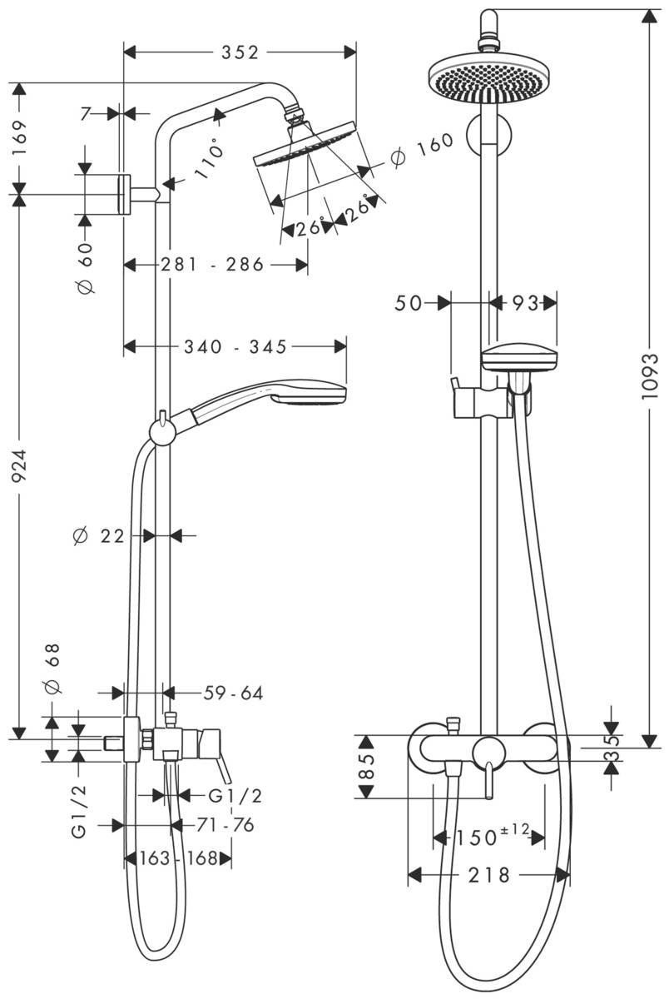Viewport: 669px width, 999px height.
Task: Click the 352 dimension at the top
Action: pyautogui.click(x=239, y=52)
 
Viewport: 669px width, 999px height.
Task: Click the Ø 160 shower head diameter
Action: pyautogui.click(x=422, y=149)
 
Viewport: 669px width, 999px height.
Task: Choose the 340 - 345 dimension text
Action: pyautogui.click(x=235, y=346)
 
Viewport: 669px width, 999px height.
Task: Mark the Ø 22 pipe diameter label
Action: pyautogui.click(x=99, y=537)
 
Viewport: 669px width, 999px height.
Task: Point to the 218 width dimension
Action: pyautogui.click(x=490, y=875)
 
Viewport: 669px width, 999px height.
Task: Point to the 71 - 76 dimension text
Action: pyautogui.click(x=225, y=825)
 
